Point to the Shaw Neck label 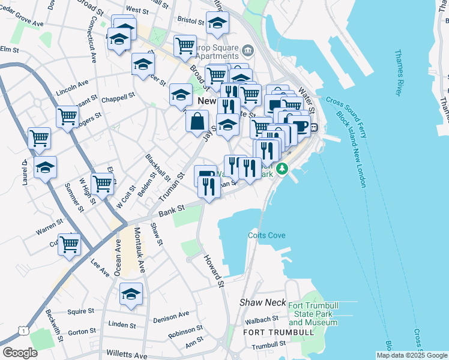[x=261, y=303]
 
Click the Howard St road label [x=214, y=270]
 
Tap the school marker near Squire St [x=131, y=294]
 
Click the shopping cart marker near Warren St [x=70, y=244]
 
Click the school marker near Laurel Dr [x=45, y=168]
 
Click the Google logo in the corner [x=20, y=353]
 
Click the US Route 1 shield [x=23, y=331]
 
